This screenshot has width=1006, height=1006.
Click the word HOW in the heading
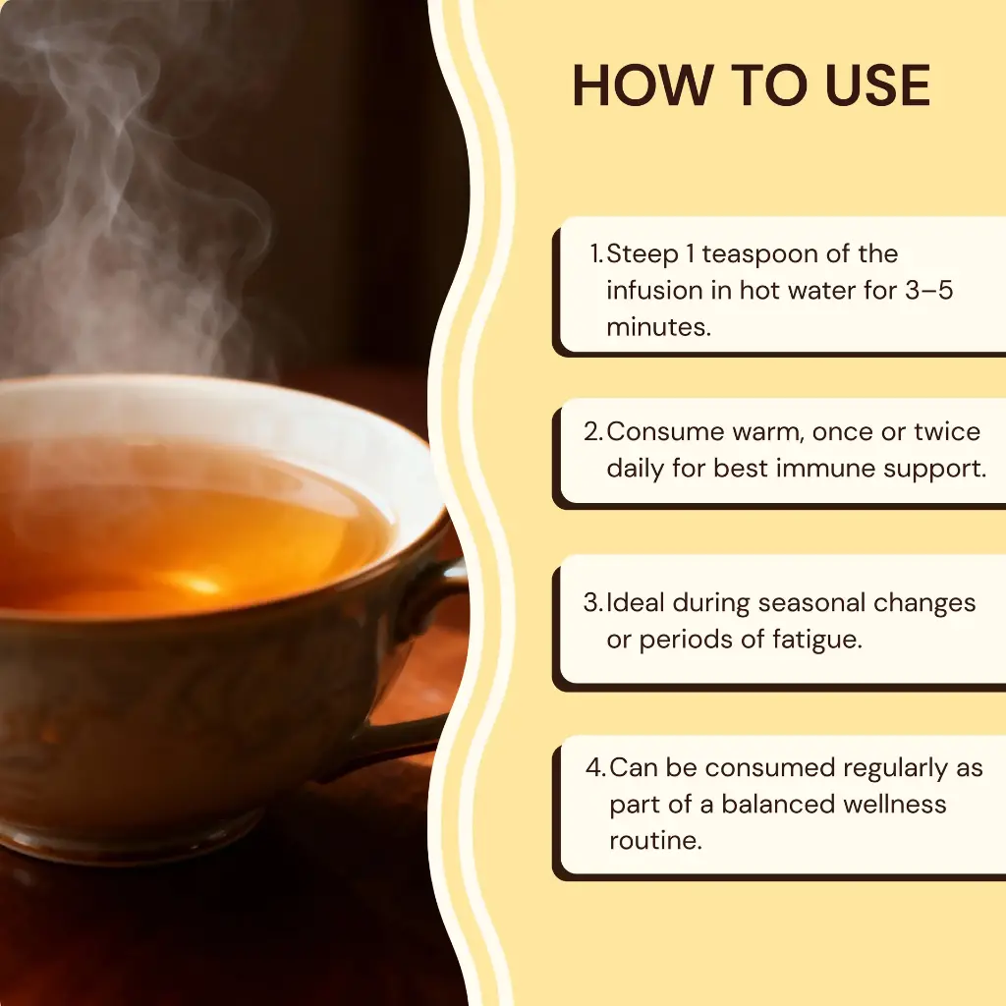[643, 85]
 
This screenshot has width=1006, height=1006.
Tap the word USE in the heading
[877, 85]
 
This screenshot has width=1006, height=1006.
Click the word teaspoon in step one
[759, 254]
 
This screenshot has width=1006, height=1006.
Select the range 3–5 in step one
[929, 290]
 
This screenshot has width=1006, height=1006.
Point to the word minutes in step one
[659, 327]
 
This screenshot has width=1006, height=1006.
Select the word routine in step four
[655, 841]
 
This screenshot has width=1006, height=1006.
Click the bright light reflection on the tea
[196, 584]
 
